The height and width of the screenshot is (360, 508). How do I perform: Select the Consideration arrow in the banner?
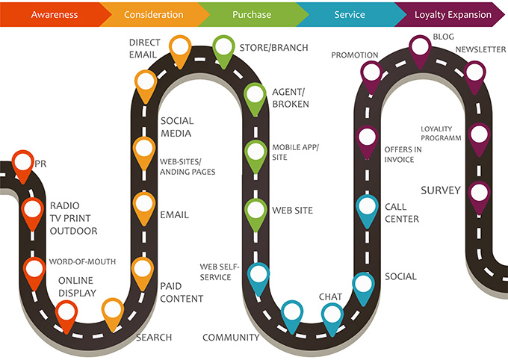coord(153,14)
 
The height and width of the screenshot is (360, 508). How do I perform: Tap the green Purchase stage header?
coord(252,14)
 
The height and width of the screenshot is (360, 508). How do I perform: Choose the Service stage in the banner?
coord(350,14)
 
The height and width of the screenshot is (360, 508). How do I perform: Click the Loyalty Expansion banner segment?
coord(453,14)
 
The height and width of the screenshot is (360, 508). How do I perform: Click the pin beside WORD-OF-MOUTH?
coord(34,269)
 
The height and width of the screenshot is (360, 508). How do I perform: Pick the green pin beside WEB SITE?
coord(255,211)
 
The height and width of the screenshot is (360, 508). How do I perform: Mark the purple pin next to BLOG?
coord(421,46)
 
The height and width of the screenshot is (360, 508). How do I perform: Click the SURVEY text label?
coord(441,190)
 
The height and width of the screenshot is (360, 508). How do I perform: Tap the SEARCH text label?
coord(154,338)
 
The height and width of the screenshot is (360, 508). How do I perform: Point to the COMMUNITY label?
coord(231,338)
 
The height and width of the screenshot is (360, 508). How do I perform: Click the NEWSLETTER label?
coord(481,49)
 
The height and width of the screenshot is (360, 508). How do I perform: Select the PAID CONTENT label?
coord(182,292)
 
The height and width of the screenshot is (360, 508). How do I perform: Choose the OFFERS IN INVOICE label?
coord(403,154)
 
